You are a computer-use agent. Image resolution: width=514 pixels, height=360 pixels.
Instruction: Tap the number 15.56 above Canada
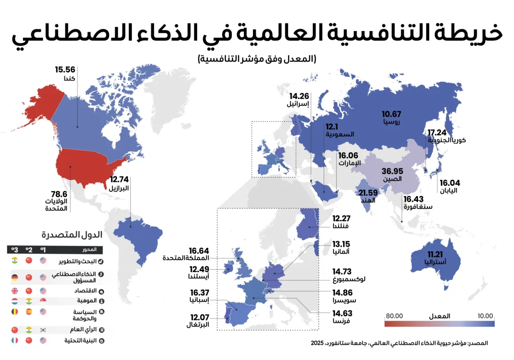click(x=65, y=70)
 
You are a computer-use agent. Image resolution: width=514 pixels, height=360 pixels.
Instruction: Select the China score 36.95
click(x=392, y=171)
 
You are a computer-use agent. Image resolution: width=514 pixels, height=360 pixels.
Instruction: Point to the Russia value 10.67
click(x=392, y=114)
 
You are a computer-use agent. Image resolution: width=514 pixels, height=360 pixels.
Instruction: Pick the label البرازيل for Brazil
click(x=119, y=188)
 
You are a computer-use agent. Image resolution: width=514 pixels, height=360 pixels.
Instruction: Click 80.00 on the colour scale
click(x=394, y=316)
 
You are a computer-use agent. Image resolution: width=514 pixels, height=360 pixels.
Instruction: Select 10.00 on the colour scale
click(x=485, y=316)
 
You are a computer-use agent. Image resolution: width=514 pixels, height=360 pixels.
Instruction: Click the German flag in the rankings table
click(x=14, y=278)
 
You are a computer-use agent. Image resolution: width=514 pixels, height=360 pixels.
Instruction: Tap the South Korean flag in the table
click(x=43, y=330)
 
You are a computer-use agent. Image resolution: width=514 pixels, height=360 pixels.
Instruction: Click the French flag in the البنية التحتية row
click(x=14, y=341)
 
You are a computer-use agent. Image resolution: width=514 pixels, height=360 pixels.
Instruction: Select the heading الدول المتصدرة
click(x=72, y=235)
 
